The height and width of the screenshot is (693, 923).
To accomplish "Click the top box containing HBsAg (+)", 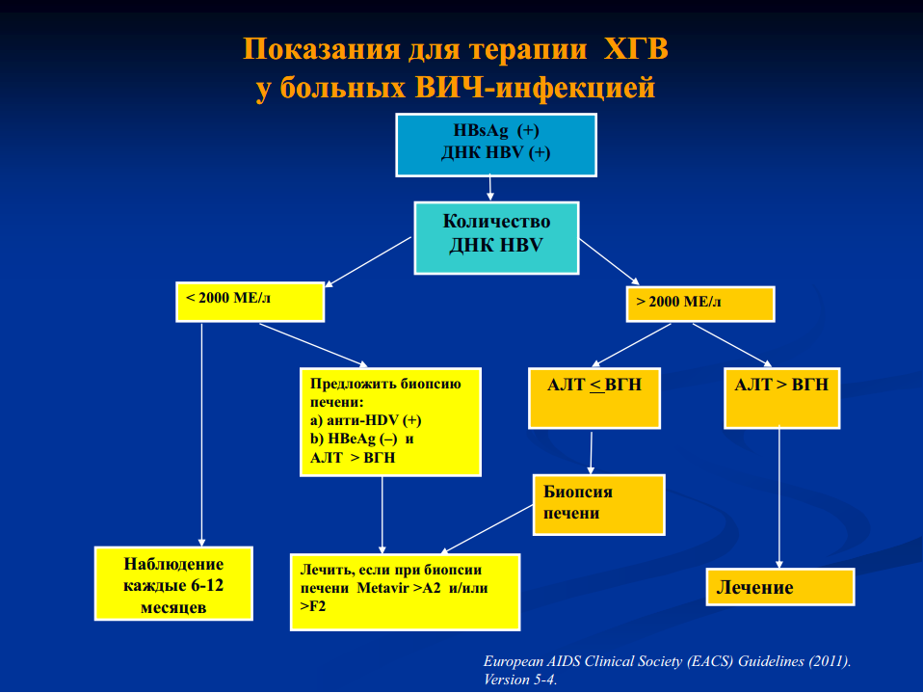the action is (x=496, y=145).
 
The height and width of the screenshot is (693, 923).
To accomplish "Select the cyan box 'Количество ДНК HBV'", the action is (x=496, y=238).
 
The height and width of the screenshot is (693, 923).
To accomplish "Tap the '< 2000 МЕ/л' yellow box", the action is (x=251, y=302).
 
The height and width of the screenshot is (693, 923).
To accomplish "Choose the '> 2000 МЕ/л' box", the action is (x=700, y=304).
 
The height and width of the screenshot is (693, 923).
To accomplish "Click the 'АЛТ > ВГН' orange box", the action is (x=781, y=398).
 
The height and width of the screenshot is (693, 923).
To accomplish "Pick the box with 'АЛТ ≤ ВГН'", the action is (x=594, y=398).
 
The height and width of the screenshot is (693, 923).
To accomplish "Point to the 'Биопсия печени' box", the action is (x=598, y=505).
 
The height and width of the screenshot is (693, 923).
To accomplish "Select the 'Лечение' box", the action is (x=780, y=586).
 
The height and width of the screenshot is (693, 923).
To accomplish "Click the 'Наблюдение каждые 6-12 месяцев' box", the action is (x=173, y=583).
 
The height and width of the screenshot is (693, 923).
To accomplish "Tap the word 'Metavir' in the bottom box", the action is (x=382, y=588).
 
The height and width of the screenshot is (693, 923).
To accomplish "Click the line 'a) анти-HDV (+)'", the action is (x=365, y=420).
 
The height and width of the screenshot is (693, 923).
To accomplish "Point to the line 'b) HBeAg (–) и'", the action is (x=361, y=439).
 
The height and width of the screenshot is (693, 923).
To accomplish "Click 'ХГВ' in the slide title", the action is (x=636, y=48).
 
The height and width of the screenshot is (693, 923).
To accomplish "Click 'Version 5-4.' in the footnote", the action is (x=519, y=680).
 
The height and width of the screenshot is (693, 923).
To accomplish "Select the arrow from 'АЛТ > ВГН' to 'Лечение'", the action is (x=779, y=498).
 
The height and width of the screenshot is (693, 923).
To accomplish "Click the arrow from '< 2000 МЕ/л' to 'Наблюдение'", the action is (x=202, y=435).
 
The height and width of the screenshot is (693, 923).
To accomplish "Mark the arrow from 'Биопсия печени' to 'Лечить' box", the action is (x=487, y=529).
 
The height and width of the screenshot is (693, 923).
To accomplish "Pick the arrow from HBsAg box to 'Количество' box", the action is (x=489, y=188).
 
